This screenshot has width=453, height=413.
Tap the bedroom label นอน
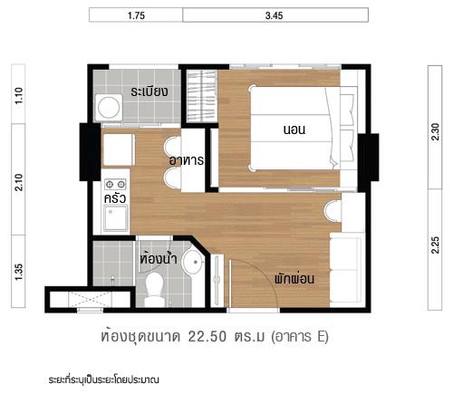pos(294,130)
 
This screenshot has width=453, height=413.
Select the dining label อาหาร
pos(186,160)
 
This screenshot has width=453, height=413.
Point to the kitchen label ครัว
pos(114,196)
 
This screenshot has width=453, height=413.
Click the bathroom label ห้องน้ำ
pos(158,256)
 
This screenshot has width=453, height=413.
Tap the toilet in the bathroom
pos(153,288)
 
